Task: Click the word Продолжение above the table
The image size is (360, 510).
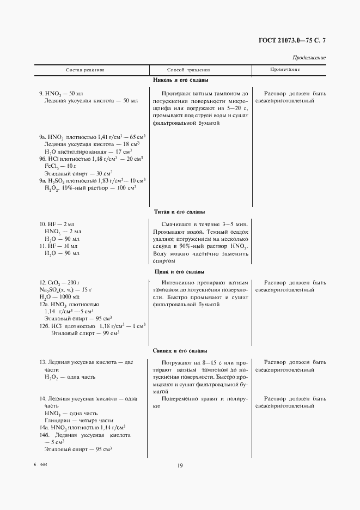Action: pyautogui.click(x=309, y=57)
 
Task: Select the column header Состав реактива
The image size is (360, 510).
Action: pyautogui.click(x=86, y=70)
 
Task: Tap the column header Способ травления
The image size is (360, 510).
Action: pyautogui.click(x=188, y=70)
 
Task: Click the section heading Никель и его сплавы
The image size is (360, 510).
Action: pyautogui.click(x=180, y=81)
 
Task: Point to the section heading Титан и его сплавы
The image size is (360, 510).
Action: pyautogui.click(x=180, y=211)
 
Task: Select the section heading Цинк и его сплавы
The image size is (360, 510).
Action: pyautogui.click(x=180, y=271)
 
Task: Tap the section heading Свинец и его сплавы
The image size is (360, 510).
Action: pyautogui.click(x=180, y=351)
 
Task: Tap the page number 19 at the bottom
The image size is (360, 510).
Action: pyautogui.click(x=180, y=465)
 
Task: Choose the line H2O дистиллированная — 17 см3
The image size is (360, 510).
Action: pyautogui.click(x=81, y=151)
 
